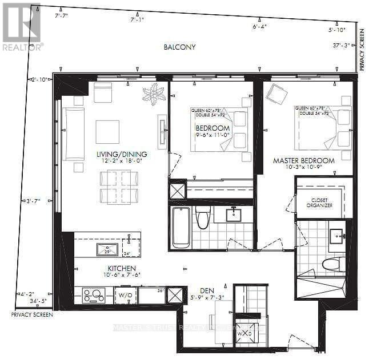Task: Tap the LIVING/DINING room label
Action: click(x=122, y=154)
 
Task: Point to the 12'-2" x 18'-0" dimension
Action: click(x=122, y=161)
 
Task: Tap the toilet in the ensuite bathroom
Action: click(x=333, y=264)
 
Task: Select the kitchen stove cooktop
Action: click(x=93, y=295)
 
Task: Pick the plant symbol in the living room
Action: click(x=154, y=94)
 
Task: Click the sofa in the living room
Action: click(x=74, y=134)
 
